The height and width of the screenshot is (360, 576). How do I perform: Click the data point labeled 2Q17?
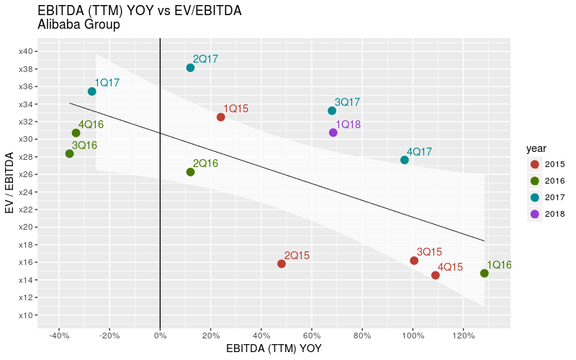click(x=190, y=68)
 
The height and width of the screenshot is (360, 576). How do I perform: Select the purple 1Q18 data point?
click(x=333, y=132)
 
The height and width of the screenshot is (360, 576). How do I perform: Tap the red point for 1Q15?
click(x=221, y=117)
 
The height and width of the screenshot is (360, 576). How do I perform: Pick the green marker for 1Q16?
click(x=485, y=274)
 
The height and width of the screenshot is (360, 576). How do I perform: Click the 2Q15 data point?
click(x=282, y=264)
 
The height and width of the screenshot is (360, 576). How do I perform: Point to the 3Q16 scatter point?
click(x=69, y=153)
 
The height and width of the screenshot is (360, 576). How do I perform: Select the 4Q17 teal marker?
click(x=405, y=160)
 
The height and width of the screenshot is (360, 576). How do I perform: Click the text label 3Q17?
click(x=347, y=102)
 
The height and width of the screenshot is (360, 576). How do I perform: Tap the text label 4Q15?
click(x=450, y=266)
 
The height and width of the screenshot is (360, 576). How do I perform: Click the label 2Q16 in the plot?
click(x=205, y=163)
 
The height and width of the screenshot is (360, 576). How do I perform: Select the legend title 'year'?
click(x=536, y=148)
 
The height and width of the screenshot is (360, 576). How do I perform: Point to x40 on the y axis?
click(x=25, y=51)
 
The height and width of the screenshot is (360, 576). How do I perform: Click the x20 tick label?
click(x=25, y=227)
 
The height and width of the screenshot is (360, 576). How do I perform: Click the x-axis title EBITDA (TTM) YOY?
click(x=274, y=348)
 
